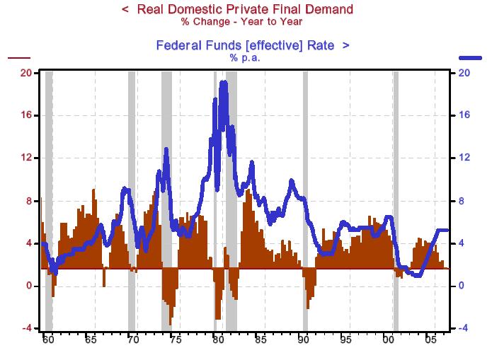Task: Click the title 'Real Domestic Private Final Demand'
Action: (244, 9)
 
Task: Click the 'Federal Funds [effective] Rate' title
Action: (245, 45)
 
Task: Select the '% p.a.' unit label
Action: (245, 57)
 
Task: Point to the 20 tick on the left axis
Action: (26, 73)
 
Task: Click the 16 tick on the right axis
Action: (465, 115)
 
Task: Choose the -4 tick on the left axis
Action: (26, 328)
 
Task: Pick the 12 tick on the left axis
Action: (26, 158)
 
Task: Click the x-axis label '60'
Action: (47, 340)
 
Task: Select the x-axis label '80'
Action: (218, 340)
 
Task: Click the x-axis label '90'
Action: (303, 340)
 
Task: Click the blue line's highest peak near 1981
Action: (224, 83)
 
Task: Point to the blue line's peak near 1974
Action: (166, 149)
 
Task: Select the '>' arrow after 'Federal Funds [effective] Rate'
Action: (345, 45)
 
